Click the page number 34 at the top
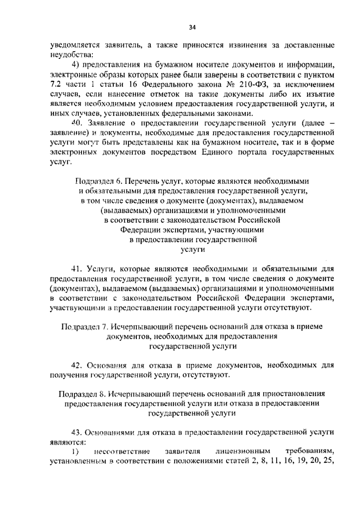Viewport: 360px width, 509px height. click(192, 28)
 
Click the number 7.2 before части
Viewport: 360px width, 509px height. click(55, 84)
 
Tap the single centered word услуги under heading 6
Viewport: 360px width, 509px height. click(193, 249)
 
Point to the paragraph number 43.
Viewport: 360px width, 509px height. click(76, 433)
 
